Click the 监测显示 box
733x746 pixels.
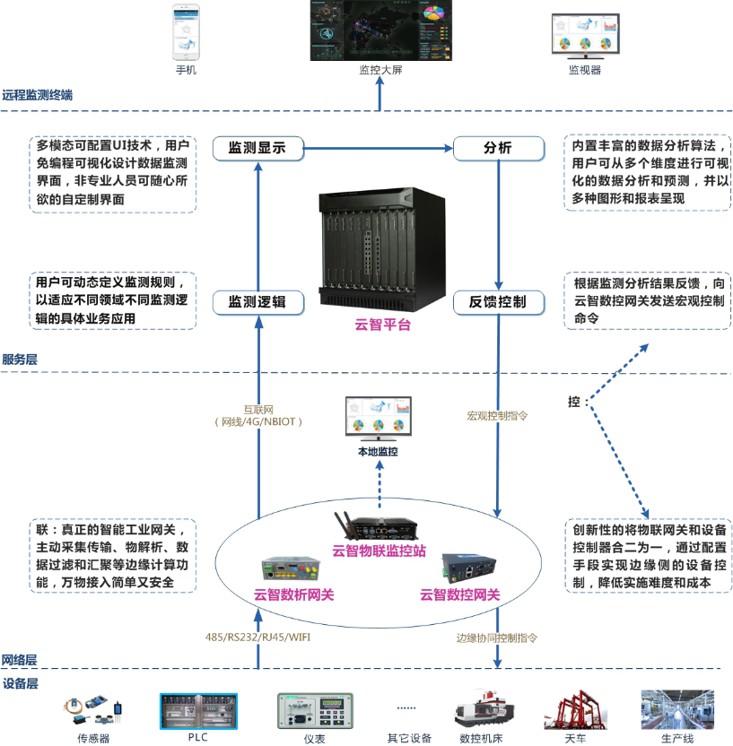257,148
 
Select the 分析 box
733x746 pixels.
498,148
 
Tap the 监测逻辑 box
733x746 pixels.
257,302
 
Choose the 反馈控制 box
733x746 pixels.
498,302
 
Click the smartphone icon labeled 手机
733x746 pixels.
186,31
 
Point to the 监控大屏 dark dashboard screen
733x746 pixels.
380,30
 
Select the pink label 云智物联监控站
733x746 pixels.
379,551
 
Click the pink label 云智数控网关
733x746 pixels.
459,594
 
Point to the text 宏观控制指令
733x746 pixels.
497,416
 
